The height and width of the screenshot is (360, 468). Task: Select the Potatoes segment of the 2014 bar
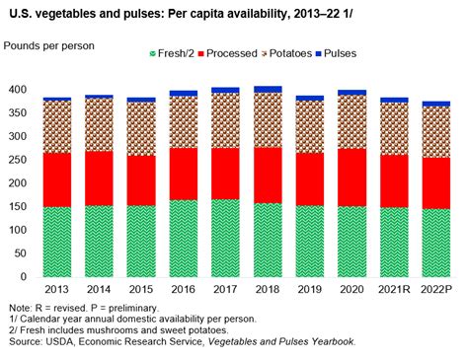click(x=100, y=124)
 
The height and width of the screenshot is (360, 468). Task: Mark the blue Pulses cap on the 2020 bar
click(x=352, y=93)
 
